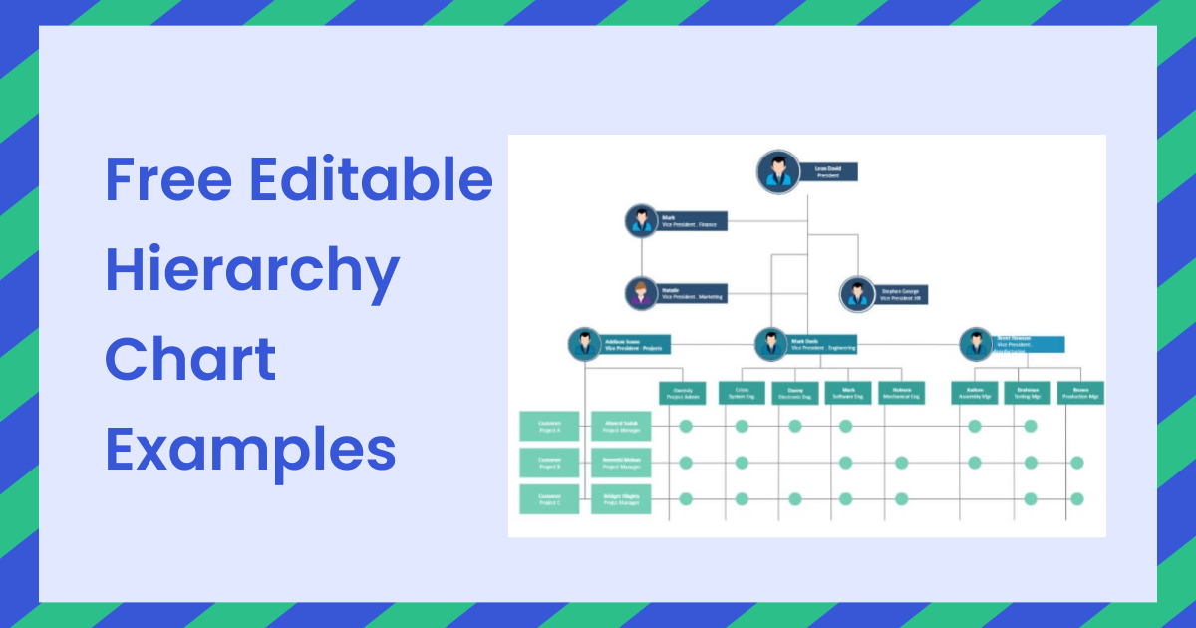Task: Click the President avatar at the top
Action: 777,172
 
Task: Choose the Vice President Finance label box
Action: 692,220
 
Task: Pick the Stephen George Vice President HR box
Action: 902,295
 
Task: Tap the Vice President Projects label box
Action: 636,345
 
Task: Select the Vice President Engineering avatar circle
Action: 770,345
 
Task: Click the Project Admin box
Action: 683,393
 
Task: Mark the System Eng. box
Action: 742,393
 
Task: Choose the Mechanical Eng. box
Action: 901,393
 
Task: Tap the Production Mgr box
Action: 1080,393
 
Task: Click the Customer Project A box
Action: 549,426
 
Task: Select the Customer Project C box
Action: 549,499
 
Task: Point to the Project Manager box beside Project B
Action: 621,463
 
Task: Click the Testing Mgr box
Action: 1028,393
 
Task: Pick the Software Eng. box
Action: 848,393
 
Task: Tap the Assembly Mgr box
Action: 974,393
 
